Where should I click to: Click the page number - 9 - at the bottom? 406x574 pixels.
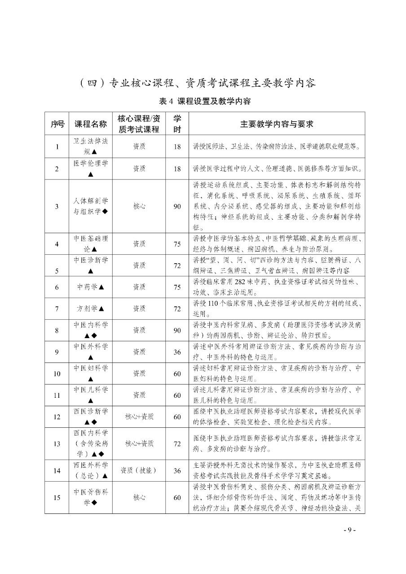click(349, 530)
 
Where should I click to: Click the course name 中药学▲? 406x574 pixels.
click(90, 287)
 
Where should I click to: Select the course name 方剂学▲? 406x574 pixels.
click(90, 309)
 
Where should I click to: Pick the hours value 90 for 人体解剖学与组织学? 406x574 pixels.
click(177, 206)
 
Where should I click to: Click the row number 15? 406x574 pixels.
click(57, 497)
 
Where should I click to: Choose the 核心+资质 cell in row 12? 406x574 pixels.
click(139, 417)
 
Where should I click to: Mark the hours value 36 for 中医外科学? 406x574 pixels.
click(177, 352)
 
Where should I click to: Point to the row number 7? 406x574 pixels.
click(57, 309)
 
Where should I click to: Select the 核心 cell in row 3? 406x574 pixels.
click(139, 206)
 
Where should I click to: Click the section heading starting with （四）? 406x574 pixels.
click(198, 83)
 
